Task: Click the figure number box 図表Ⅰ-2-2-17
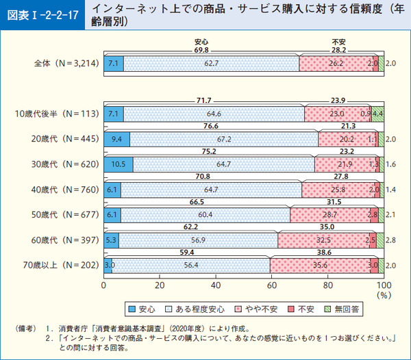pyautogui.click(x=34, y=14)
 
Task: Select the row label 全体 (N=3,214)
pyautogui.click(x=67, y=64)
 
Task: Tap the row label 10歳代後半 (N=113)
pyautogui.click(x=58, y=113)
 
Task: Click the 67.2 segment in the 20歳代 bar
pyautogui.click(x=223, y=138)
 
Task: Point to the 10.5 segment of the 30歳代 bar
pyautogui.click(x=118, y=164)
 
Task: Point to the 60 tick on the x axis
pyautogui.click(x=272, y=285)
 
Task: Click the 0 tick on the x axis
pyautogui.click(x=103, y=285)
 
